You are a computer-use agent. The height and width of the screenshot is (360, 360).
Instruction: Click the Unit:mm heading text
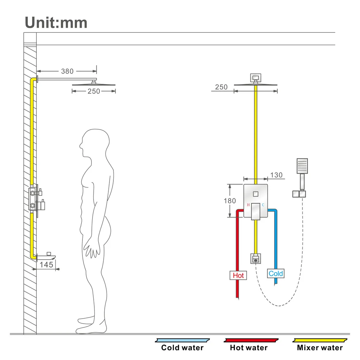[56, 22]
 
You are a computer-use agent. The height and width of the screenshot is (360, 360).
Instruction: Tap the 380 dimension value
[67, 71]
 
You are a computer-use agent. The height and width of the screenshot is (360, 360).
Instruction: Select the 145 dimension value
[46, 265]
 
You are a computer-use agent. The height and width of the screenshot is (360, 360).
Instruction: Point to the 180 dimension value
[230, 201]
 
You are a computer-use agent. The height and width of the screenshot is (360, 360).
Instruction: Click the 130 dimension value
[276, 175]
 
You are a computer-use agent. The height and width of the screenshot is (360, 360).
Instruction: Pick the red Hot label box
[238, 275]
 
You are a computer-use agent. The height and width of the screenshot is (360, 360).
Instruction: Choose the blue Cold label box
[276, 274]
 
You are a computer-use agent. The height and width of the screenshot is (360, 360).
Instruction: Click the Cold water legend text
[182, 348]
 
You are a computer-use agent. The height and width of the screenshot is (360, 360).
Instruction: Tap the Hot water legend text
[249, 348]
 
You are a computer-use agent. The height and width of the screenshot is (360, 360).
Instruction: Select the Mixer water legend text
[320, 348]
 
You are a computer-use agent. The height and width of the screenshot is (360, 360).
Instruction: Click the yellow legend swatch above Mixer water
[320, 340]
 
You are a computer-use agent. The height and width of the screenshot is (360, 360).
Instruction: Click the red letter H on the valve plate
[248, 205]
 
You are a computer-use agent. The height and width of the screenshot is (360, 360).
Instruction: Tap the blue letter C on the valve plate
[263, 205]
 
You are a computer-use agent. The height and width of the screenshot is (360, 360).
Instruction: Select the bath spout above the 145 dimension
[46, 256]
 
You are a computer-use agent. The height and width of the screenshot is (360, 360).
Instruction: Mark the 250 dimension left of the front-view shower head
[221, 87]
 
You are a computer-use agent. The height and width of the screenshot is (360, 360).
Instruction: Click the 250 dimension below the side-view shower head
[94, 91]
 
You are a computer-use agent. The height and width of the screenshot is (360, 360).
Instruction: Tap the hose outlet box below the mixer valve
[255, 258]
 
